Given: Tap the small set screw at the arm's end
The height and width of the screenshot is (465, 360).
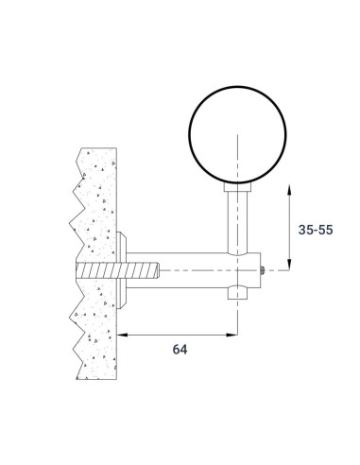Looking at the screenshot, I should coord(261,270).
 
